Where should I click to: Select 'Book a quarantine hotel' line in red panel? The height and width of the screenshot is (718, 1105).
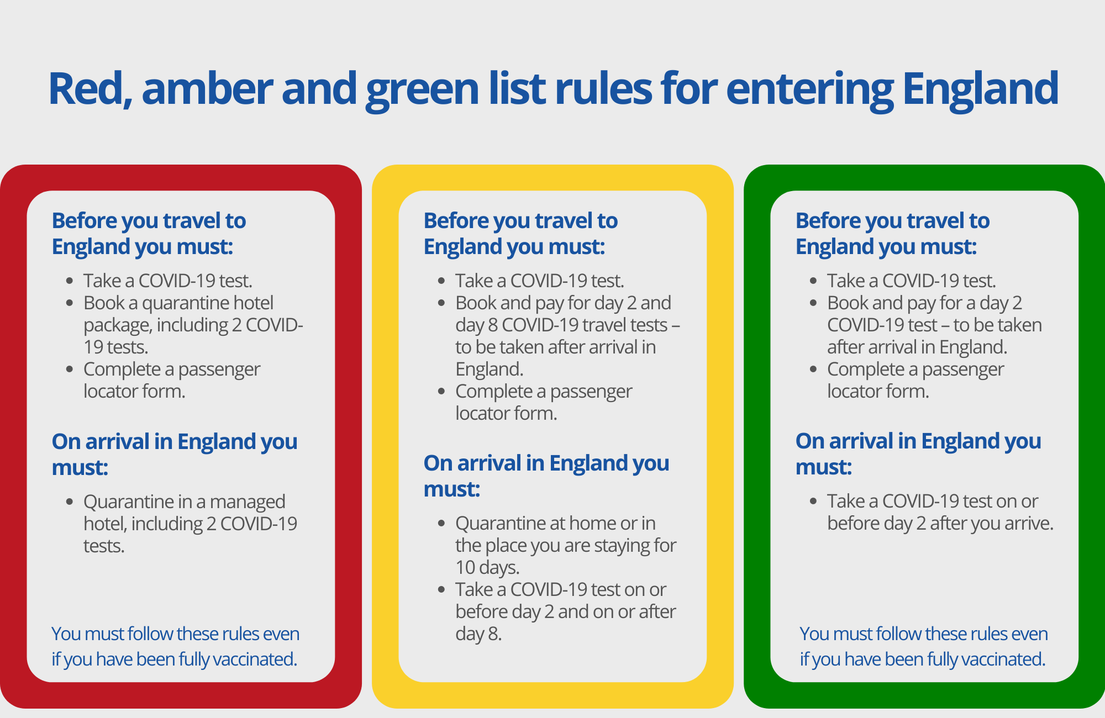coord(178,303)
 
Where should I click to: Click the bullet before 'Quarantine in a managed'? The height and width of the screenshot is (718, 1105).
coord(70,501)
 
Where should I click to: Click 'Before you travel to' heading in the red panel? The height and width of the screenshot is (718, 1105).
coord(149,221)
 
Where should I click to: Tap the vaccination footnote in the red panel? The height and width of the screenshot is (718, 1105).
coord(175,646)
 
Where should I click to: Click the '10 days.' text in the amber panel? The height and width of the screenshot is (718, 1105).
coord(487,567)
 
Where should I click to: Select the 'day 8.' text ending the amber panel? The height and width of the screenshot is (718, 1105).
coord(478,633)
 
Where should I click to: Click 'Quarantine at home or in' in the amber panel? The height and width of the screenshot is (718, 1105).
coord(555,523)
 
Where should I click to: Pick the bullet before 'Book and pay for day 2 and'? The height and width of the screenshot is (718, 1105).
coord(441,303)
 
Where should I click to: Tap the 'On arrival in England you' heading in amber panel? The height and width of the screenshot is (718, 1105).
coord(546,463)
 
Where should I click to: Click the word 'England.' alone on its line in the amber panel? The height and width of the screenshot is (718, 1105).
coord(490,369)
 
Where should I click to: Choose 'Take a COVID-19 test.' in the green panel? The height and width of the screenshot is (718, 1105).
coord(912,281)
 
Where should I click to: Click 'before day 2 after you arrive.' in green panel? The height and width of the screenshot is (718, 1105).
coord(940,523)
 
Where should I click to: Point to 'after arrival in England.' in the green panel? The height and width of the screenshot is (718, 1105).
coord(917,347)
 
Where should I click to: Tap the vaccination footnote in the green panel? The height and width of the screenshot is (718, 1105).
coord(923,646)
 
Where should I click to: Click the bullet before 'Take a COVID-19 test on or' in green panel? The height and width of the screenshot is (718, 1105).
coord(813,501)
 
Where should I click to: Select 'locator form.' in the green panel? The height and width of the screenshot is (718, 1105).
coord(878,391)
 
